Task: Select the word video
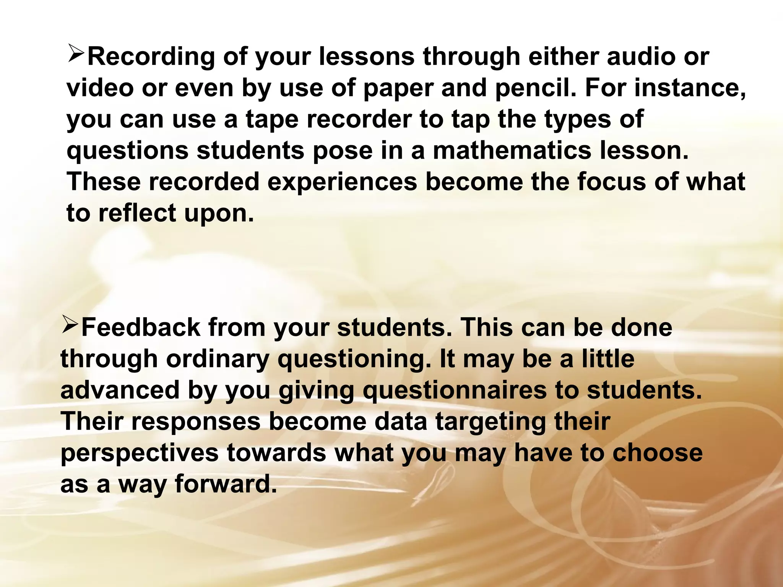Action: click(100, 88)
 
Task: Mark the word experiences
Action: click(342, 182)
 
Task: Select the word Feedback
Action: click(141, 328)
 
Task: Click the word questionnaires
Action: click(455, 391)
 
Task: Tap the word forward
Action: click(226, 485)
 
